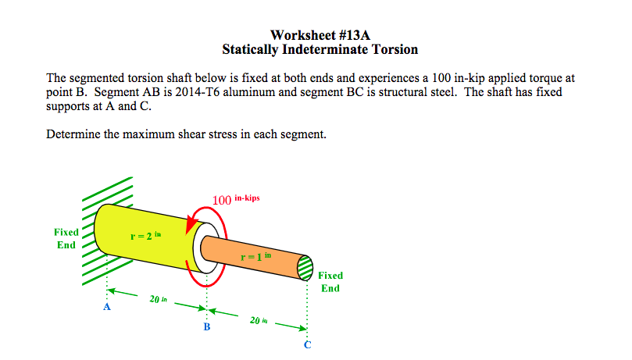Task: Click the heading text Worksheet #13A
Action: (x=320, y=35)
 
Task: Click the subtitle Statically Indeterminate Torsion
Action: (x=320, y=50)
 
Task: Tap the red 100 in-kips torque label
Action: (x=235, y=200)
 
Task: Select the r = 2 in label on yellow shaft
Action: (x=147, y=234)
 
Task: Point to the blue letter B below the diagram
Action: (x=206, y=326)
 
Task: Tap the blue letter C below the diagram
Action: (x=307, y=346)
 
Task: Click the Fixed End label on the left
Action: (x=66, y=238)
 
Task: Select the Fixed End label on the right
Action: (x=330, y=281)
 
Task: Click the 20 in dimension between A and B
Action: (x=157, y=298)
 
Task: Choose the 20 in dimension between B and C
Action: (x=257, y=319)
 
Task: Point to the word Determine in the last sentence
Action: (x=73, y=134)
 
